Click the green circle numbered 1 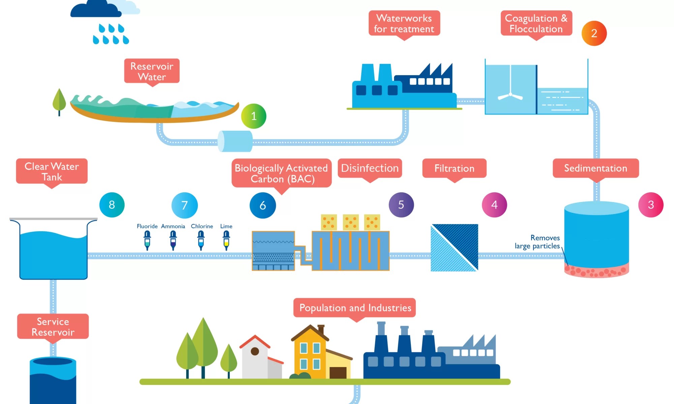[x=254, y=116]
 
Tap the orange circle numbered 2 [x=594, y=33]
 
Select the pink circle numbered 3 [x=651, y=205]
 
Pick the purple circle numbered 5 [x=401, y=205]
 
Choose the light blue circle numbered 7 [x=184, y=205]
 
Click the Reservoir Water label [x=152, y=71]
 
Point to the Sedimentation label [x=595, y=168]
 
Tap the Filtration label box [x=454, y=168]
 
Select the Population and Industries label [x=355, y=307]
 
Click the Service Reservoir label [x=53, y=326]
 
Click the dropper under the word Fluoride [x=147, y=240]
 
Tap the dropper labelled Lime [x=226, y=240]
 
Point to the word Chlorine [x=202, y=226]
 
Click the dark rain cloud [x=95, y=9]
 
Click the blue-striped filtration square [x=454, y=247]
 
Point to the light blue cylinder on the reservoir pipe [x=235, y=141]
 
